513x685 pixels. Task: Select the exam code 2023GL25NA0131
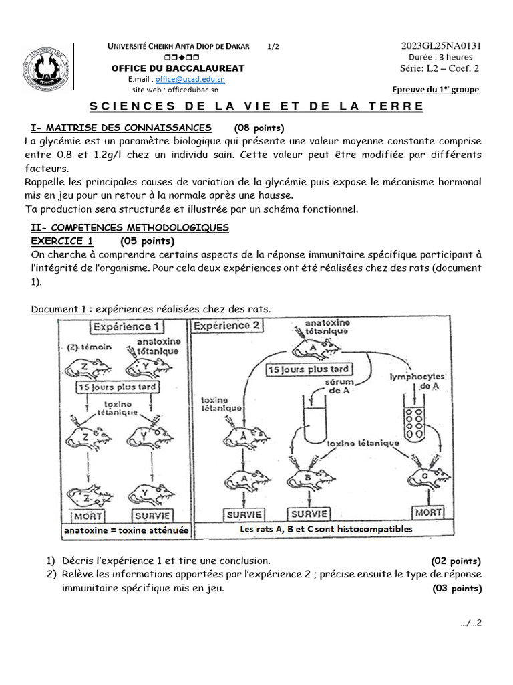point(441,45)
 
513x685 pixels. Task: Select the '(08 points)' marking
point(259,128)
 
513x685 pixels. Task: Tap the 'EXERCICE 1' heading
point(62,241)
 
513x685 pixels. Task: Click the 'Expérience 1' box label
point(126,327)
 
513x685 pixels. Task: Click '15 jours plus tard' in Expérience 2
point(310,369)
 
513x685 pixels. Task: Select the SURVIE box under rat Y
point(153,516)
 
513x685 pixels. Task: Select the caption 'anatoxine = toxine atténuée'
point(126,530)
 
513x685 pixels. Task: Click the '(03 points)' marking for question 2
point(456,589)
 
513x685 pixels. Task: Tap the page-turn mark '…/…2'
point(471,623)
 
